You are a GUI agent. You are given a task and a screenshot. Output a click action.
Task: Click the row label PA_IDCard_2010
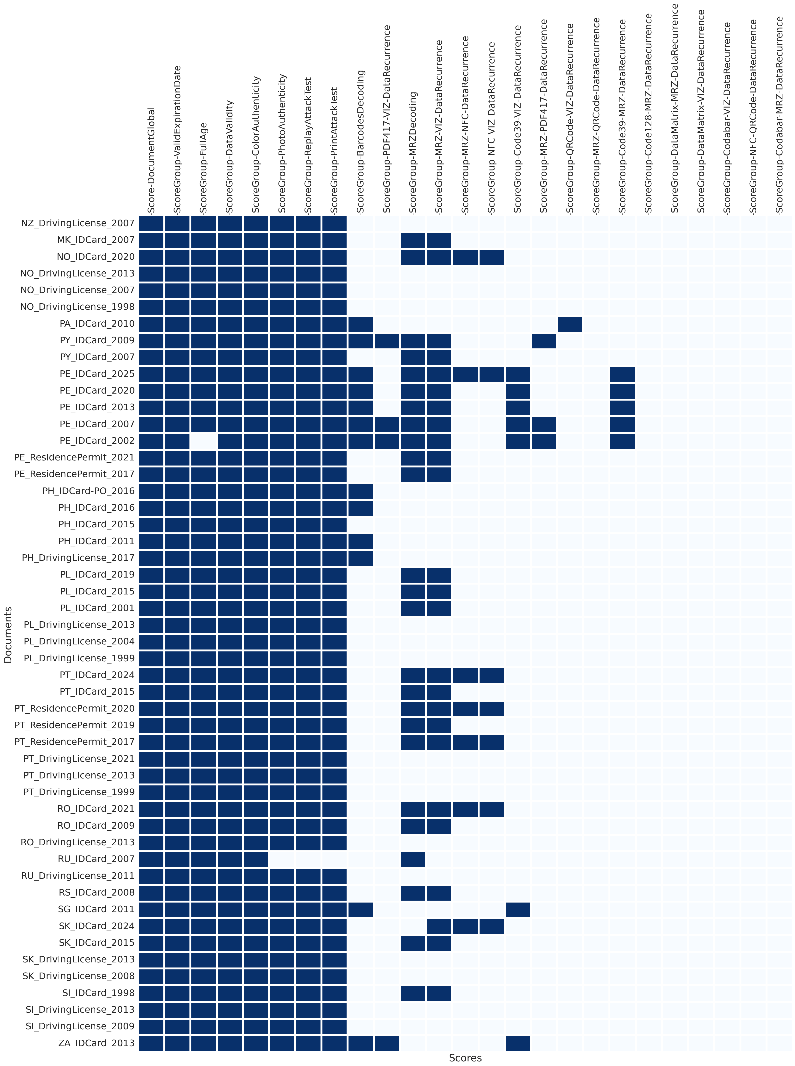pos(97,324)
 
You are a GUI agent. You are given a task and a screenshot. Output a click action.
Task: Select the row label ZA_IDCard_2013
pos(96,1043)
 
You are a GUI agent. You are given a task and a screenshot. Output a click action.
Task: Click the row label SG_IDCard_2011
pos(96,909)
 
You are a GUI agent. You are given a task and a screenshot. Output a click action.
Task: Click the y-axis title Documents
pos(8,635)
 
